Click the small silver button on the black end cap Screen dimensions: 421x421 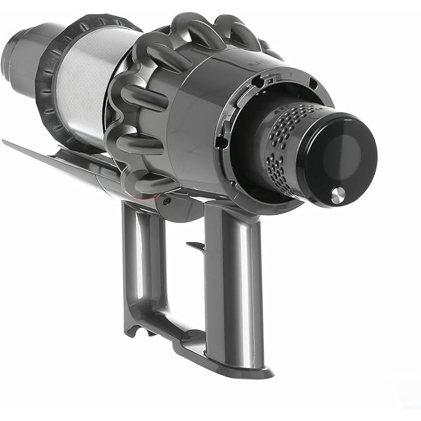point(338,195)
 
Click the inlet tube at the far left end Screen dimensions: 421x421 point(17,57)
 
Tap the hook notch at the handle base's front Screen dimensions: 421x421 point(132,330)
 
